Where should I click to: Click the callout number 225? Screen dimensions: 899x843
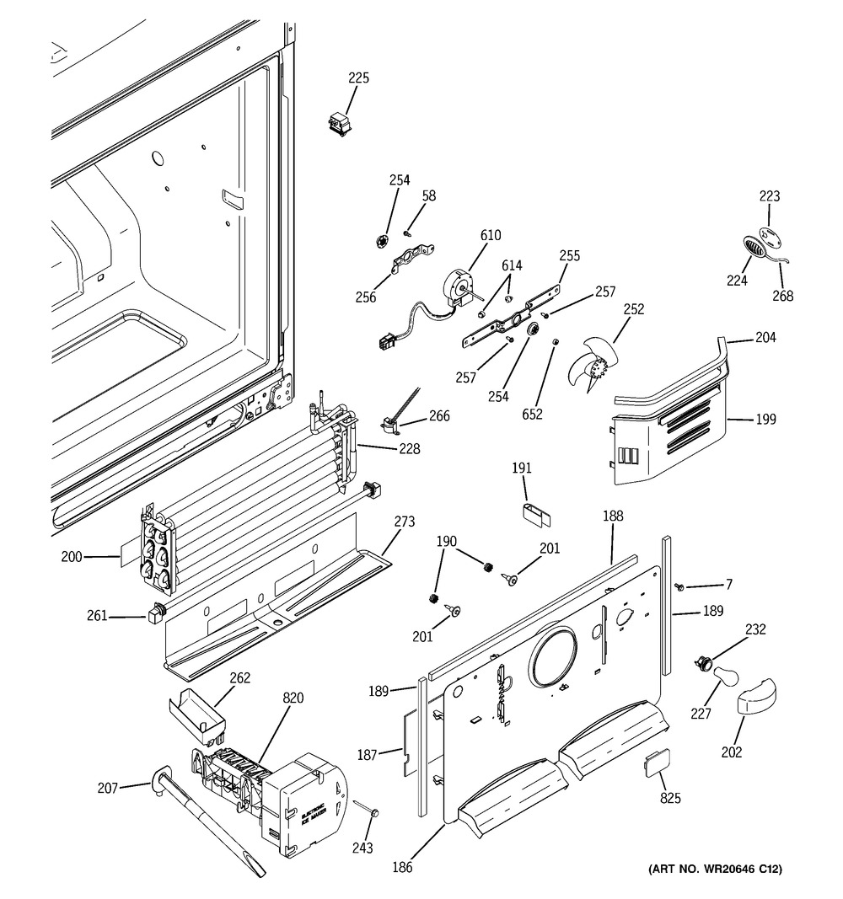point(359,78)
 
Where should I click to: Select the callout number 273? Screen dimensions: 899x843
point(404,522)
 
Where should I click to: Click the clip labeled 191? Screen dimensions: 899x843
point(531,514)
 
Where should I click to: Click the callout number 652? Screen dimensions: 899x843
point(533,414)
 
